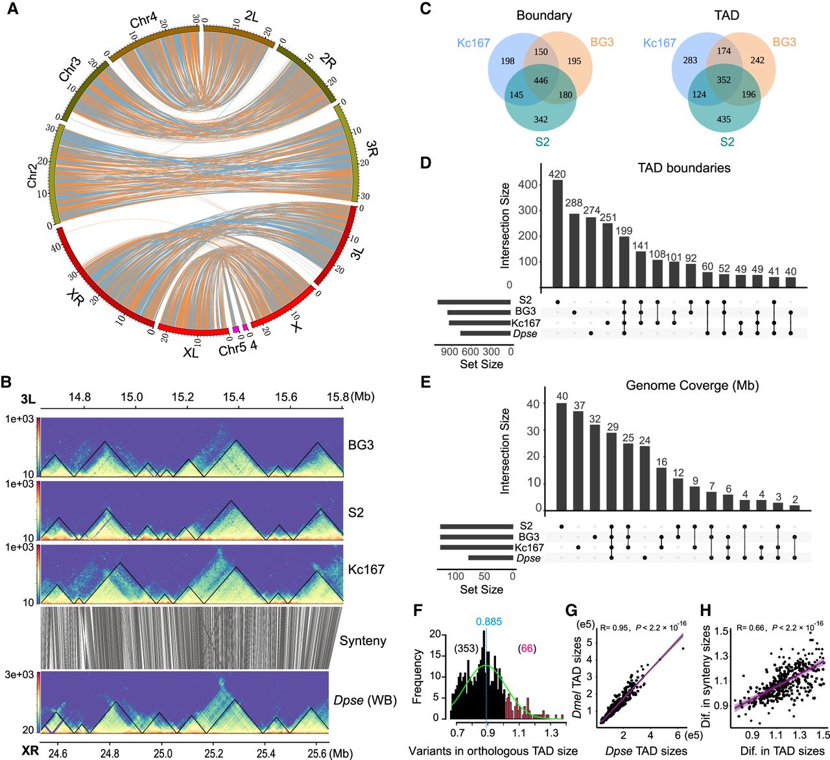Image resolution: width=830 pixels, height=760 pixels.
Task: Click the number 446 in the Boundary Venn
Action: [541, 81]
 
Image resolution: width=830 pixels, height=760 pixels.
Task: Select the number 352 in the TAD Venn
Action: [724, 80]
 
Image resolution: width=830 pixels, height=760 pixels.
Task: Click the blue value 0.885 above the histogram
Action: [488, 621]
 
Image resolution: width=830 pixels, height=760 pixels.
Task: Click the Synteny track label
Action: [362, 641]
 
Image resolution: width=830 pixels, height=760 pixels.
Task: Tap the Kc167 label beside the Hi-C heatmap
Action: [366, 569]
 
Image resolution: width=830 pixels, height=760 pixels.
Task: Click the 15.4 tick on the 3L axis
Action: [233, 397]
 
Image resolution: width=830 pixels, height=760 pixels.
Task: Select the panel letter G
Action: [571, 611]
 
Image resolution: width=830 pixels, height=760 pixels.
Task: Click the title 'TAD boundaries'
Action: [684, 168]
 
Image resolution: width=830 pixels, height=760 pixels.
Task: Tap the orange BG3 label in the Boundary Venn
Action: [602, 42]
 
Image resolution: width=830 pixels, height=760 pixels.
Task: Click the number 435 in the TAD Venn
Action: [724, 119]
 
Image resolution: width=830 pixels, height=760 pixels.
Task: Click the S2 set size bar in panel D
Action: [474, 302]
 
